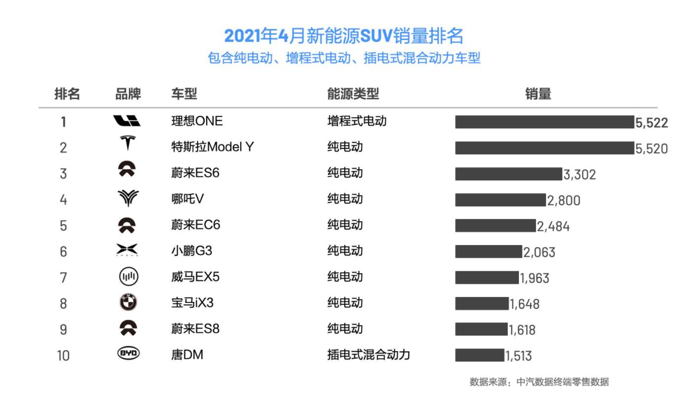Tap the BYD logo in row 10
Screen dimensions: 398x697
pyautogui.click(x=128, y=353)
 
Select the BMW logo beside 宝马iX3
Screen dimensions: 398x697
pyautogui.click(x=128, y=302)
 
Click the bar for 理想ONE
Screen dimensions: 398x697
pyautogui.click(x=544, y=122)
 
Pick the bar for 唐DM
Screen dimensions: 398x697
pyautogui.click(x=479, y=355)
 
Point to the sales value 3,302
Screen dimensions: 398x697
pyautogui.click(x=580, y=175)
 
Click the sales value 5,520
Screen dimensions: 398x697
pyautogui.click(x=652, y=148)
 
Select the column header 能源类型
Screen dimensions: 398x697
pyautogui.click(x=353, y=94)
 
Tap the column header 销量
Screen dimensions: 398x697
pyautogui.click(x=538, y=94)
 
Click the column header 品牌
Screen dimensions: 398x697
pyautogui.click(x=128, y=94)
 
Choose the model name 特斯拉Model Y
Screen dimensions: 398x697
pyautogui.click(x=212, y=147)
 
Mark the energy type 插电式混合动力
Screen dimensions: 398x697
pyautogui.click(x=368, y=355)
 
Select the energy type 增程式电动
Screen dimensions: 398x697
pyautogui.click(x=357, y=121)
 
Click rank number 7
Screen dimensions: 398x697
pyautogui.click(x=63, y=278)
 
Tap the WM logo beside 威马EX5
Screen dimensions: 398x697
pyautogui.click(x=128, y=277)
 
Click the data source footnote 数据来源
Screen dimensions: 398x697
pyautogui.click(x=539, y=382)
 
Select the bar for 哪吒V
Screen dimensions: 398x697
pyautogui.click(x=500, y=200)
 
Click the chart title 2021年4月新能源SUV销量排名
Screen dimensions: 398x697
pyautogui.click(x=344, y=36)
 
